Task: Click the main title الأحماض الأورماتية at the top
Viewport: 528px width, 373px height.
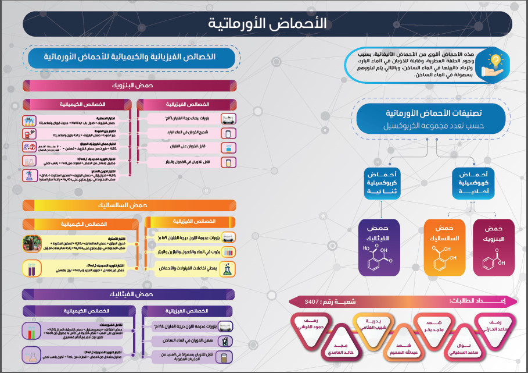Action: tap(267, 24)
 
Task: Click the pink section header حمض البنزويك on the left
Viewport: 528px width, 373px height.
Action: tap(130, 86)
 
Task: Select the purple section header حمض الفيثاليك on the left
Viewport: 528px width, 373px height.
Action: tap(130, 294)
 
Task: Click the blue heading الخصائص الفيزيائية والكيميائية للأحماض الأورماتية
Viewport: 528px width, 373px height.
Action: tap(130, 57)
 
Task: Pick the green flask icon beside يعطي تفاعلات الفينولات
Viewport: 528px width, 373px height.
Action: tap(229, 268)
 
